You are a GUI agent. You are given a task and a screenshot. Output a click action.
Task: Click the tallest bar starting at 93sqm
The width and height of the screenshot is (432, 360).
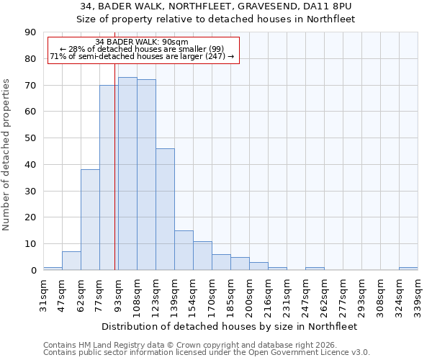click(127, 174)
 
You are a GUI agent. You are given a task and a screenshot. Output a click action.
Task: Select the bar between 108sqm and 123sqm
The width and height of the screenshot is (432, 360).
click(146, 175)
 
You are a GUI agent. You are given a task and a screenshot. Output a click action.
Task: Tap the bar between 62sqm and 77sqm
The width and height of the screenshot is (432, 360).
click(90, 220)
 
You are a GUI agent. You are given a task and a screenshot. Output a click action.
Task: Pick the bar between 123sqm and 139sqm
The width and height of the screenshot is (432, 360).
click(165, 209)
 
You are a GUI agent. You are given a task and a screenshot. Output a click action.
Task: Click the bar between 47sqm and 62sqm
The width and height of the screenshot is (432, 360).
click(71, 261)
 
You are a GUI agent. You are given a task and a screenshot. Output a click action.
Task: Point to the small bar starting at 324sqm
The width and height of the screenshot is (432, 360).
click(408, 269)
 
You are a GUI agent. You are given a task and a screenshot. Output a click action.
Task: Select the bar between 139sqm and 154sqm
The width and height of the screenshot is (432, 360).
click(184, 250)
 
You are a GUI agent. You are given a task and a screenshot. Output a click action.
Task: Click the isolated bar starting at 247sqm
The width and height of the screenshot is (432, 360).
click(315, 269)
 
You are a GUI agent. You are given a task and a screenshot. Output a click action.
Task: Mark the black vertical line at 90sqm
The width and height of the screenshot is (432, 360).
click(115, 180)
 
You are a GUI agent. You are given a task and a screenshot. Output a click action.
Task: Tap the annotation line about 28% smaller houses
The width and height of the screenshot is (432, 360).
click(142, 49)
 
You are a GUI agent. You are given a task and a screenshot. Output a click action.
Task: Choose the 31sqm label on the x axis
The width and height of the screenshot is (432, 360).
click(43, 293)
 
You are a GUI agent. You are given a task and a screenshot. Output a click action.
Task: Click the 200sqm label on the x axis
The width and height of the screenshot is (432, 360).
click(249, 293)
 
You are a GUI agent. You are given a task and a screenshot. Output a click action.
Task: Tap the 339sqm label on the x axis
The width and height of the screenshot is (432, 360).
click(418, 293)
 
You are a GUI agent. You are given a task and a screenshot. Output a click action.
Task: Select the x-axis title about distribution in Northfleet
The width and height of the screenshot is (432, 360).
click(229, 326)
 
